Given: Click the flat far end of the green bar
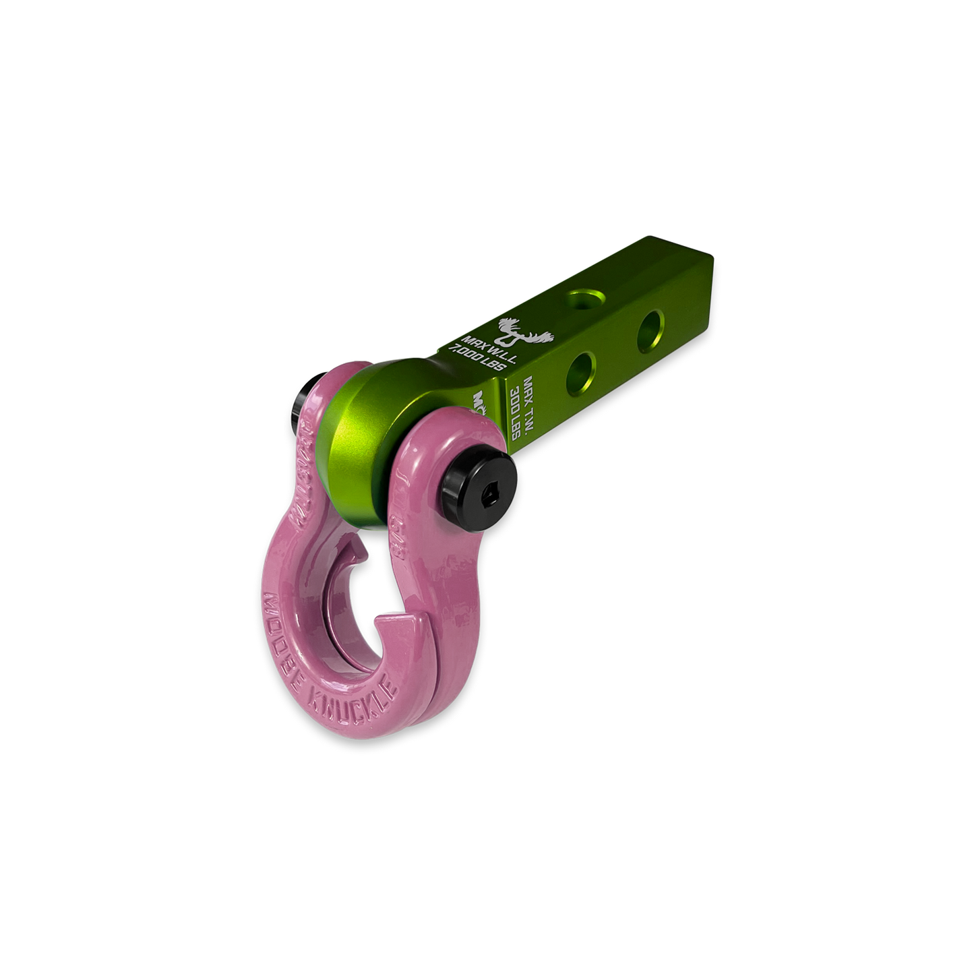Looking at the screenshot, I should point(702,266).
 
